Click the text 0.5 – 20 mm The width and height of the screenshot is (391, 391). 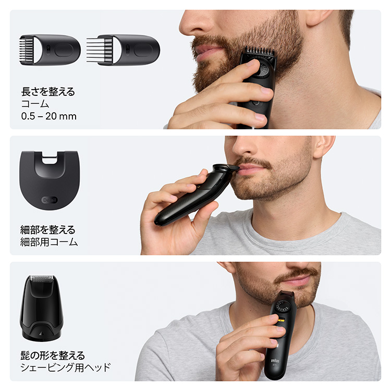coord(48,116)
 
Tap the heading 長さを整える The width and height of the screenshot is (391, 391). coord(48,92)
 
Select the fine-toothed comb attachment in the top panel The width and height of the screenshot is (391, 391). coord(50,50)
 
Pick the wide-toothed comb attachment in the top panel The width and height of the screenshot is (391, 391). coord(123,50)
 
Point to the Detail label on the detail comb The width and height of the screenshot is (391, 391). coord(48,200)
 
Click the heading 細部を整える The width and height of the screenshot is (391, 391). coord(48,229)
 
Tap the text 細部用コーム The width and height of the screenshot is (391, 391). coord(50,242)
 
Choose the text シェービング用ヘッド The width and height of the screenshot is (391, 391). coord(65,368)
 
